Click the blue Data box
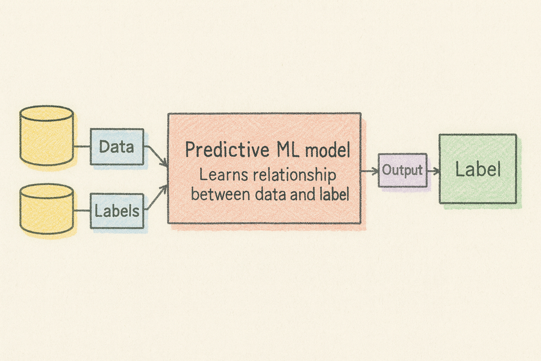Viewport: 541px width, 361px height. (117, 147)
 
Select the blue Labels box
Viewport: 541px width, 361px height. (117, 211)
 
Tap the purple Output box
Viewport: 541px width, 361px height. (403, 170)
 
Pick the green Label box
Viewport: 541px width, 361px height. (478, 169)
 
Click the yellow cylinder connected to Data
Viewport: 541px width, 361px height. (47, 136)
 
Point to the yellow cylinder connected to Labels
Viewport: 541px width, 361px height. (47, 209)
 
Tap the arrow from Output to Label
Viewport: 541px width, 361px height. (434, 171)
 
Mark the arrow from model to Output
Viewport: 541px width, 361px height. (369, 171)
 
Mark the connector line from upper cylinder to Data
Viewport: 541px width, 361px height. (82, 146)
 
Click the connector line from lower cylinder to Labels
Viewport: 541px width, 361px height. (82, 211)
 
